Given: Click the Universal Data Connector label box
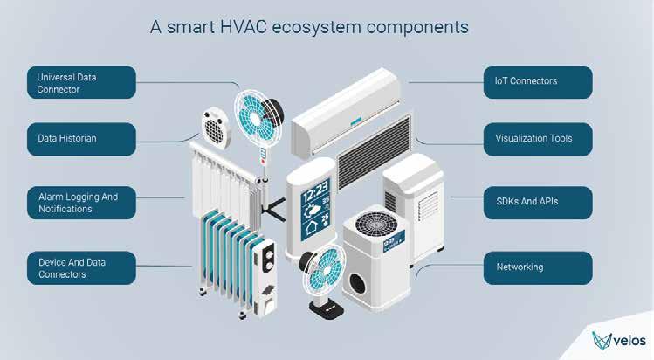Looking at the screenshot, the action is click(x=79, y=83).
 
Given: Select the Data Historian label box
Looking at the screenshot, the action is click(x=79, y=138).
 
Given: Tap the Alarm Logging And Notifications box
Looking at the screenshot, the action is click(x=79, y=203).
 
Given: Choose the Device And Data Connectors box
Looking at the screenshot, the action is click(x=79, y=267).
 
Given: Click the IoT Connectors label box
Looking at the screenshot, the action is click(x=538, y=81).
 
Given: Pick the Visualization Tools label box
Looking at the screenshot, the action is click(x=538, y=138).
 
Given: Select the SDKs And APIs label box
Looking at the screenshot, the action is click(x=538, y=202).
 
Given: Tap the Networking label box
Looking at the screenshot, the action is click(x=538, y=267).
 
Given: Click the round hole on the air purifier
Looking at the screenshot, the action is click(x=358, y=284).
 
